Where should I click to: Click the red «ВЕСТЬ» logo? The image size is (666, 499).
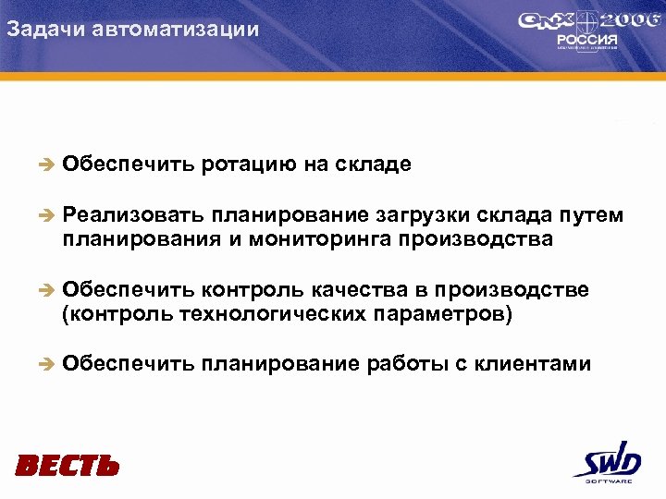[67, 465]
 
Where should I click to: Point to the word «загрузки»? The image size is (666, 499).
[423, 216]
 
